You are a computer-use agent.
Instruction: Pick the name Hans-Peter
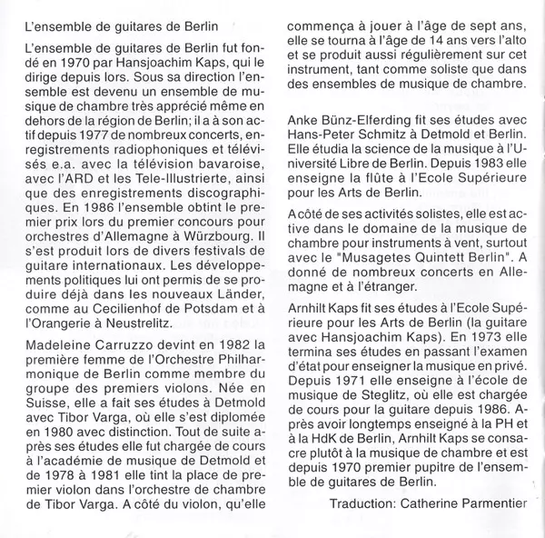(321, 135)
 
